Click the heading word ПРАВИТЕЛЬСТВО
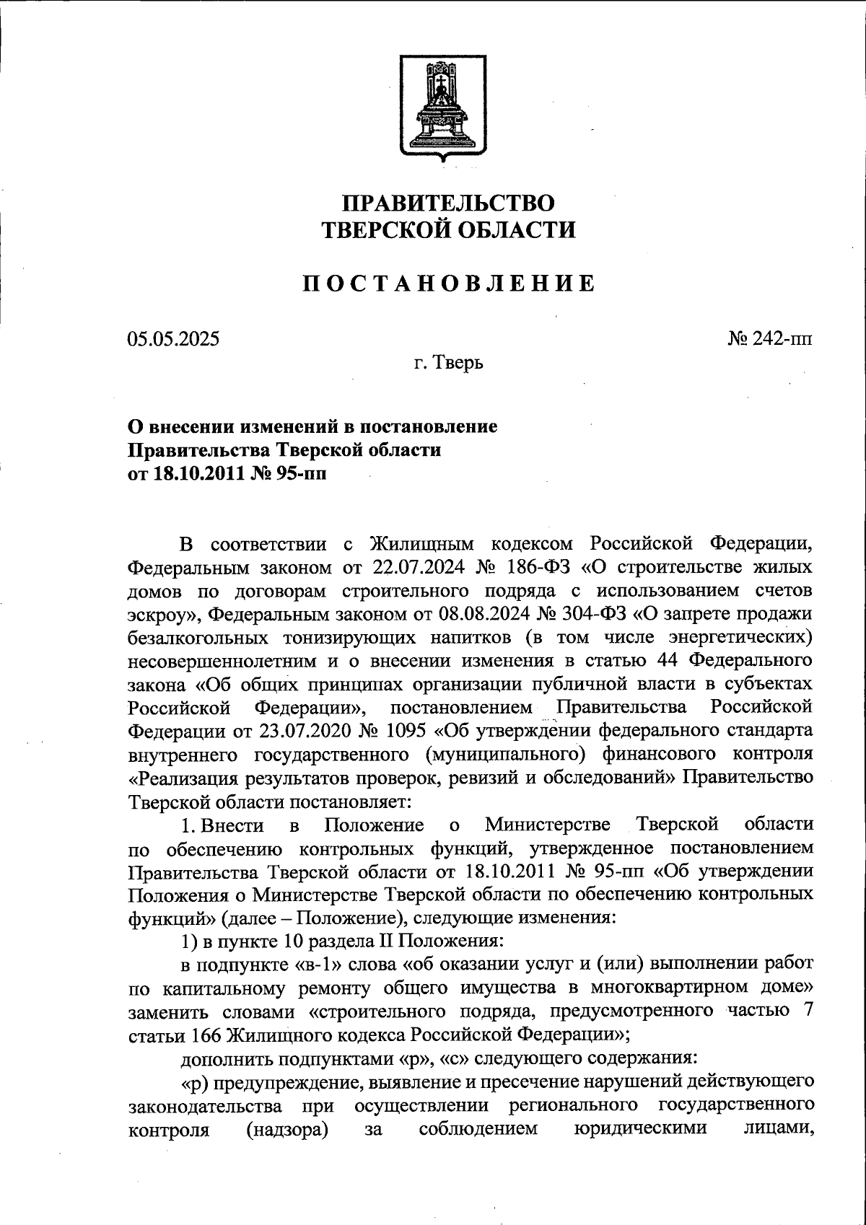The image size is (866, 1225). coord(448,203)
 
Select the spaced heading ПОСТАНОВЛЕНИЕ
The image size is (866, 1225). coord(448,284)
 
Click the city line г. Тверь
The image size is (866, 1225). coord(448,362)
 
